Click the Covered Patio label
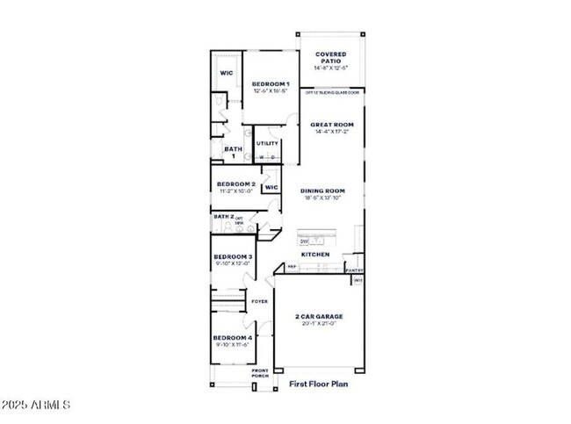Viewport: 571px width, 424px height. click(x=330, y=58)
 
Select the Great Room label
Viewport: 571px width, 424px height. click(x=331, y=125)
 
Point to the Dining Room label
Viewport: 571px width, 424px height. click(x=322, y=190)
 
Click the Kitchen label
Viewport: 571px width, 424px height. click(x=315, y=255)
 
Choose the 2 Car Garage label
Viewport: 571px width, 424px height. click(x=317, y=316)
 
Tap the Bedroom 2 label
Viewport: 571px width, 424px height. click(x=235, y=184)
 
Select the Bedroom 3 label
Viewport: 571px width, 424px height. click(x=233, y=257)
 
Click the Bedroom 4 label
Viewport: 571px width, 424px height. click(x=232, y=337)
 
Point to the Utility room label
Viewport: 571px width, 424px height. click(x=267, y=143)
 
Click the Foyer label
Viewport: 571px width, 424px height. click(x=259, y=301)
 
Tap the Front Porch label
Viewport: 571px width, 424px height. click(x=261, y=372)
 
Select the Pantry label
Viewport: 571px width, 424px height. click(x=356, y=270)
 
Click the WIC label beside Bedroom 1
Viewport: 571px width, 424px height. click(x=227, y=73)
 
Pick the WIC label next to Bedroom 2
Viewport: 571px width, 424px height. click(x=271, y=187)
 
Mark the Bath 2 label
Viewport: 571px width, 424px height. click(x=223, y=216)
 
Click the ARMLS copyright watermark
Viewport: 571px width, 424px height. click(x=36, y=405)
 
